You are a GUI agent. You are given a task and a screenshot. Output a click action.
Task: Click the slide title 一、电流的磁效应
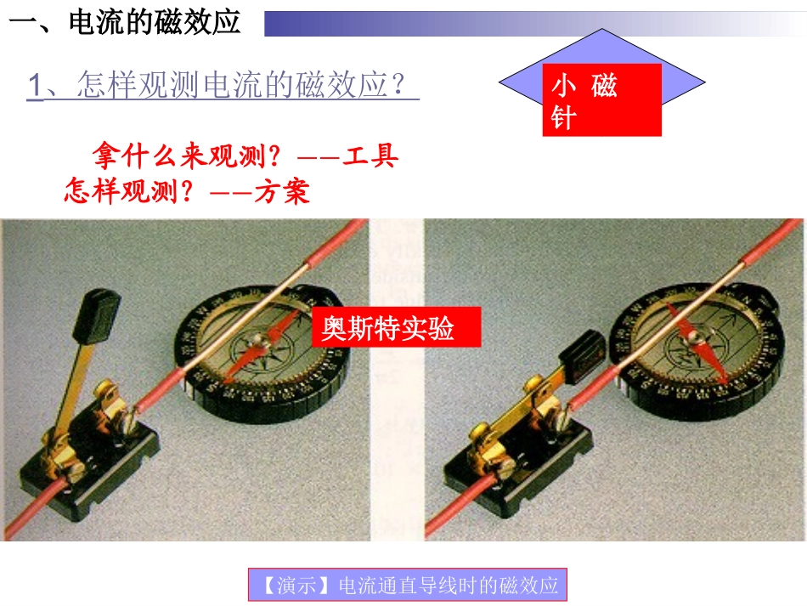[126, 22]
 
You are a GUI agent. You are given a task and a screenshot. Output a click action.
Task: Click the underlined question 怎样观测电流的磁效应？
[246, 86]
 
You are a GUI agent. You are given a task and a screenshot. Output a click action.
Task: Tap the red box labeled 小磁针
[601, 100]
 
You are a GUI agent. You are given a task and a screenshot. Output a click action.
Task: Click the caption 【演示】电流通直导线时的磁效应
[408, 586]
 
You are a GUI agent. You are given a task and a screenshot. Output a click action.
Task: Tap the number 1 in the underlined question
[35, 86]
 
